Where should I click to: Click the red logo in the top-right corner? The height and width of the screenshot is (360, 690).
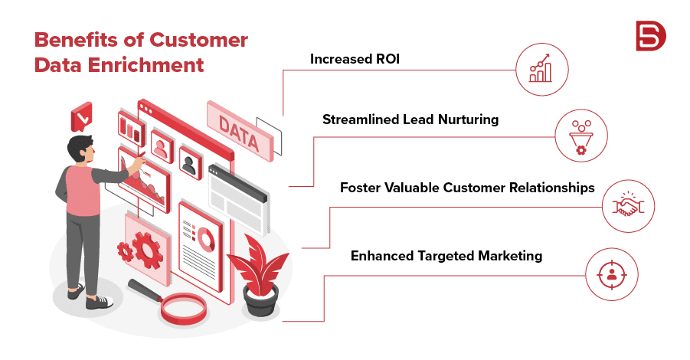pyautogui.click(x=651, y=36)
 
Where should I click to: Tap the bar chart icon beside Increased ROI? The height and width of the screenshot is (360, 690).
pyautogui.click(x=541, y=69)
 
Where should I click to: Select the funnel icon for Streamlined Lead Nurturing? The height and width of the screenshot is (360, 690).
pyautogui.click(x=581, y=137)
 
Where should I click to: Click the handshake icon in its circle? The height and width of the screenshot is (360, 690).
pyautogui.click(x=628, y=205)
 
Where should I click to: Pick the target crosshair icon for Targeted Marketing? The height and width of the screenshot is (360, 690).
pyautogui.click(x=611, y=274)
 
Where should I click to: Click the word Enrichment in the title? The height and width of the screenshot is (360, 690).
pyautogui.click(x=146, y=65)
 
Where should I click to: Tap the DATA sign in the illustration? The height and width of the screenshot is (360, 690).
pyautogui.click(x=240, y=131)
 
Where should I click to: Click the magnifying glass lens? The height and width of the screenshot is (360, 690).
pyautogui.click(x=183, y=308)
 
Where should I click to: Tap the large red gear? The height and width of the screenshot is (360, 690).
pyautogui.click(x=147, y=250)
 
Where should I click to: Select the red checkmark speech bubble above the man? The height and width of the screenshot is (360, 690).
pyautogui.click(x=81, y=116)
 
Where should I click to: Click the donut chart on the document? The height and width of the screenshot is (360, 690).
pyautogui.click(x=205, y=240)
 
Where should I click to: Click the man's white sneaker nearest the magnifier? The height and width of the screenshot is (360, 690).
pyautogui.click(x=100, y=302)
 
